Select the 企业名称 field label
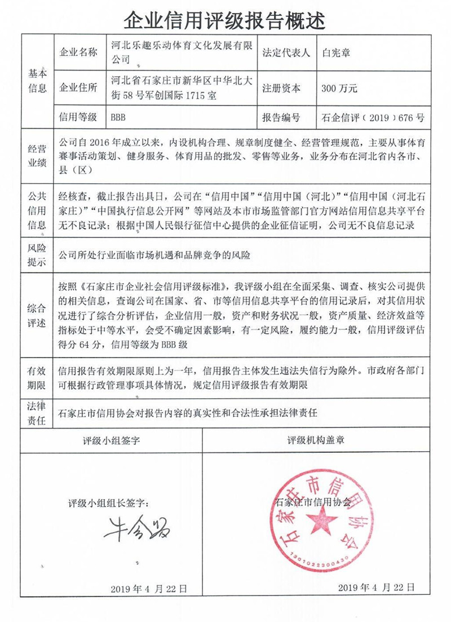(79, 52)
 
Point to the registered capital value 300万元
(339, 89)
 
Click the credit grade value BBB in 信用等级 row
(118, 118)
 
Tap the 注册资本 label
(281, 89)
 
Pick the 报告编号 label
(281, 118)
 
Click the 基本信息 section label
(37, 81)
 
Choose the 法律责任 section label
(37, 413)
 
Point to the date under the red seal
(372, 587)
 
